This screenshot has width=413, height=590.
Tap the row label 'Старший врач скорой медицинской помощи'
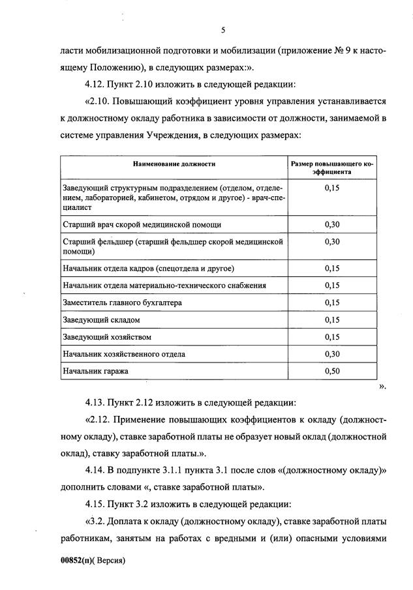(142, 224)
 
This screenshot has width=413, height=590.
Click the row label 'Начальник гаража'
(96, 371)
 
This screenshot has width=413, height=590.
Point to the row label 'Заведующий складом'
(101, 320)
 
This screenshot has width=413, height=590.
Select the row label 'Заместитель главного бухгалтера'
(122, 303)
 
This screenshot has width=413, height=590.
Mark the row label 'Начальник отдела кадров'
(148, 269)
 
